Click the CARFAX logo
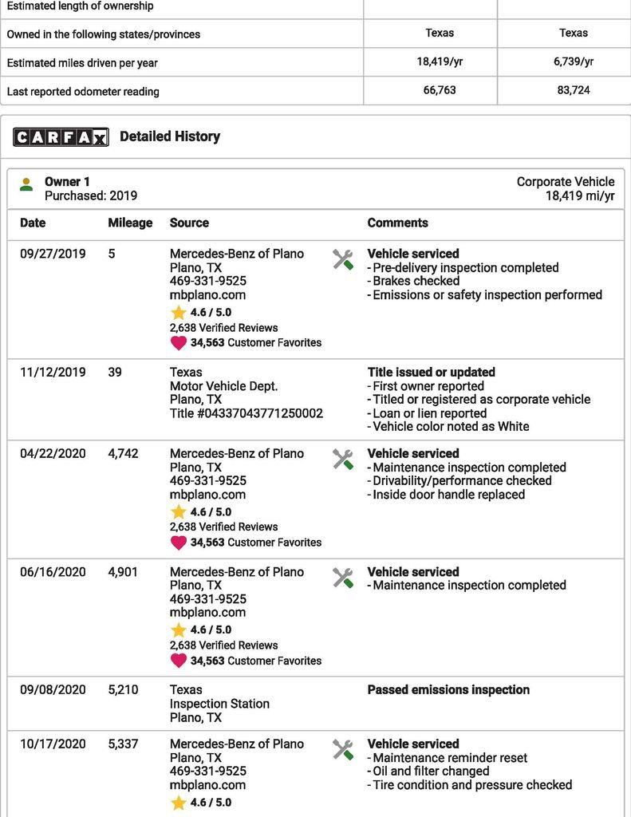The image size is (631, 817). (61, 137)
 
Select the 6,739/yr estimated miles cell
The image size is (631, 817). (574, 61)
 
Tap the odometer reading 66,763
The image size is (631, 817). (440, 90)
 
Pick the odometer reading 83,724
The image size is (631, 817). (574, 90)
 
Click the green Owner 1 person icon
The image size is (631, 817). (26, 184)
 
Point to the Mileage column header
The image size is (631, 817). (130, 223)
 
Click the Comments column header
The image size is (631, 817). (397, 223)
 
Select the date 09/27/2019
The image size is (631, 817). (53, 254)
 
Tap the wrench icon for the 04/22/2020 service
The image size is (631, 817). (343, 459)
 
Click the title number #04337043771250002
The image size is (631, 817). (246, 413)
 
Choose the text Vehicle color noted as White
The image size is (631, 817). (451, 427)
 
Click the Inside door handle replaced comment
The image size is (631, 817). (448, 495)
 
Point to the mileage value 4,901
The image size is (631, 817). (123, 572)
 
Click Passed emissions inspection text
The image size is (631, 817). (448, 690)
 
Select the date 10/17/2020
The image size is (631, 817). (53, 744)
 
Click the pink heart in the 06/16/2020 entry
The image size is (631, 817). (178, 661)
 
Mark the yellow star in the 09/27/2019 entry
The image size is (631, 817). (178, 313)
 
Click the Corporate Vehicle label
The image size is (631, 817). (566, 182)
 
